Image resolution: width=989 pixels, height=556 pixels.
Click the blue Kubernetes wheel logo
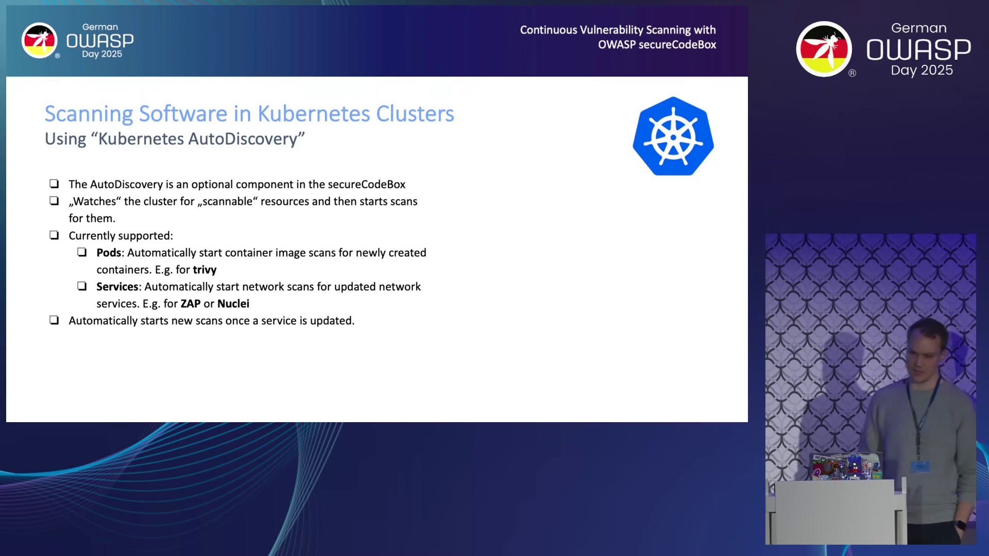point(673,136)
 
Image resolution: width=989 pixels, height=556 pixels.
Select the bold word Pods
point(109,253)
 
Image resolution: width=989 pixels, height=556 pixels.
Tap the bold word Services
point(117,287)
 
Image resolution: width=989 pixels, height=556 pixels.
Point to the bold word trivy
point(204,270)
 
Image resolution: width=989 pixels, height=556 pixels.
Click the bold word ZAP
point(191,304)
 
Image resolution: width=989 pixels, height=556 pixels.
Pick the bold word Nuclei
point(233,304)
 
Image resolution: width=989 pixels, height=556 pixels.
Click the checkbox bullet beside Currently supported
point(54,235)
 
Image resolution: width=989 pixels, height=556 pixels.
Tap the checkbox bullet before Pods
point(82,252)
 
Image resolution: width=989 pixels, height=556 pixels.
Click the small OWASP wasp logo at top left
point(39,41)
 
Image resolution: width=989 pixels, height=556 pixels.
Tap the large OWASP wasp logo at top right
point(824,49)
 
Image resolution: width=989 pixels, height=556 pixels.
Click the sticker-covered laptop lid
point(845,466)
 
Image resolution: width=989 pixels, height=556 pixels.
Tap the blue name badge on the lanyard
point(920,466)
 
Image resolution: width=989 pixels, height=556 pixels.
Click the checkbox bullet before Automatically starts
point(54,320)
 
